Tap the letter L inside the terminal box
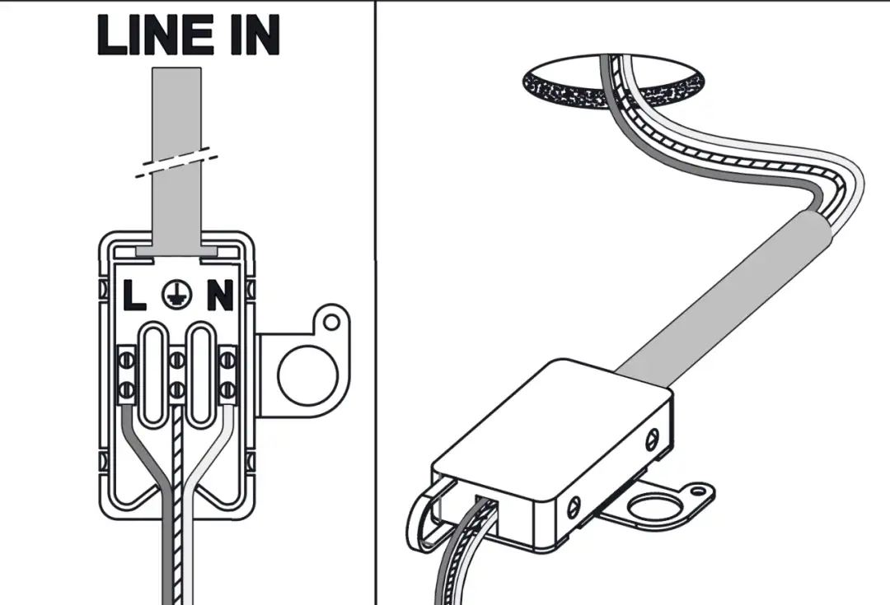pyautogui.click(x=134, y=296)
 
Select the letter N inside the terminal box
pyautogui.click(x=219, y=296)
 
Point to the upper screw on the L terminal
pyautogui.click(x=128, y=361)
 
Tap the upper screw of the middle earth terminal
pyautogui.click(x=176, y=361)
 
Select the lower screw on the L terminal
pyautogui.click(x=128, y=387)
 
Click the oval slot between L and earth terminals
pyautogui.click(x=152, y=375)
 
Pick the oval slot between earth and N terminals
pyautogui.click(x=201, y=375)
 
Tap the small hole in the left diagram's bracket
pyautogui.click(x=332, y=319)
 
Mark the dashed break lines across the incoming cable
pyautogui.click(x=177, y=163)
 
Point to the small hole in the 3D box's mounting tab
pyautogui.click(x=698, y=492)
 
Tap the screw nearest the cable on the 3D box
pyautogui.click(x=653, y=437)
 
